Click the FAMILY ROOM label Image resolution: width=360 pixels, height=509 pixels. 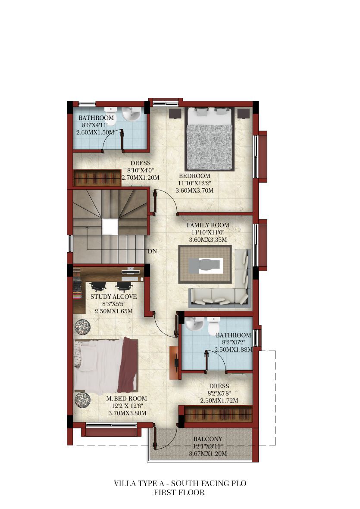click(x=208, y=225)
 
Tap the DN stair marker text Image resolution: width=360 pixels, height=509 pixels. click(x=152, y=251)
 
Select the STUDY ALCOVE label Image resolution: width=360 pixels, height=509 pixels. click(x=114, y=297)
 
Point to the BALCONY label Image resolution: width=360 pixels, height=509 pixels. click(x=208, y=439)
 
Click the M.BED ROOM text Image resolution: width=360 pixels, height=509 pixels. click(x=127, y=398)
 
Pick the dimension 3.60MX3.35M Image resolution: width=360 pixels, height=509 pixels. click(x=208, y=240)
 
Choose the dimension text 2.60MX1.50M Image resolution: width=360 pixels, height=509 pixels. click(x=95, y=132)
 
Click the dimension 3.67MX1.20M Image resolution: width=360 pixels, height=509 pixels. click(x=208, y=453)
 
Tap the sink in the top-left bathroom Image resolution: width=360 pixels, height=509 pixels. click(x=131, y=114)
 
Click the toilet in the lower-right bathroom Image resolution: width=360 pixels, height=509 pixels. click(x=213, y=325)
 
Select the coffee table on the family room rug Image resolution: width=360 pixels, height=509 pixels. click(x=205, y=265)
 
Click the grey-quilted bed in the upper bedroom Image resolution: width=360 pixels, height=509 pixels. click(x=210, y=139)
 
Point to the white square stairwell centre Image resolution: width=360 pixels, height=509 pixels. click(x=110, y=227)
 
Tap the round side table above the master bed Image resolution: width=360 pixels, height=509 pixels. click(x=82, y=326)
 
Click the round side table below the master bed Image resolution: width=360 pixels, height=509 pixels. click(x=82, y=400)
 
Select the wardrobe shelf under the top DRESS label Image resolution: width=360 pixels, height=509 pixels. click(x=97, y=178)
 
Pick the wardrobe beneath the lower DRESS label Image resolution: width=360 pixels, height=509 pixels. click(x=218, y=414)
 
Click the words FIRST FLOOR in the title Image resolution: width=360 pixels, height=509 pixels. click(x=179, y=493)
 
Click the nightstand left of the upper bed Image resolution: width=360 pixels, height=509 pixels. click(x=175, y=114)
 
